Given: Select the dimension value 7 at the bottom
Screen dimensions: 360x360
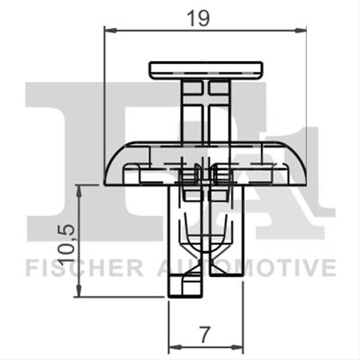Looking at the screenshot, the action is tap(204, 335).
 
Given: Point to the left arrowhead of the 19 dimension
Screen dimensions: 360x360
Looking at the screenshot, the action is tap(110, 30).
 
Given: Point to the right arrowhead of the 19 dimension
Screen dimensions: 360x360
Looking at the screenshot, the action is tap(301, 30).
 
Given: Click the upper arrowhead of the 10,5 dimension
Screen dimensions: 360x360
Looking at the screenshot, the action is tap(79, 191).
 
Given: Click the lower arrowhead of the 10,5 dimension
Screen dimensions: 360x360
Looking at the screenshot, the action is tap(79, 291).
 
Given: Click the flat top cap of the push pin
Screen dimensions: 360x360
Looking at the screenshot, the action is tap(206, 71).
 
